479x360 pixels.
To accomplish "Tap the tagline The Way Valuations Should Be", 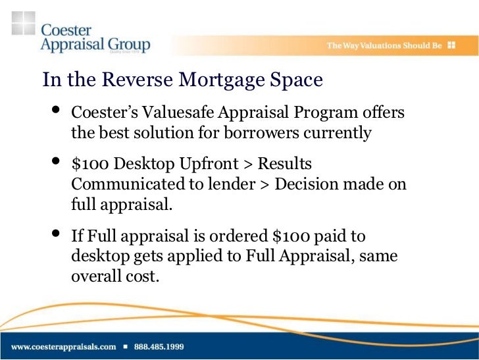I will pyautogui.click(x=384, y=46).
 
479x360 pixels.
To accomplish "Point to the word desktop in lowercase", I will pyautogui.click(x=96, y=256).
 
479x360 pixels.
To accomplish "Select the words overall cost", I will pyautogui.click(x=115, y=276).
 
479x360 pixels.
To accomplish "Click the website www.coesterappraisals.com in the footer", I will pyautogui.click(x=63, y=346).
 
